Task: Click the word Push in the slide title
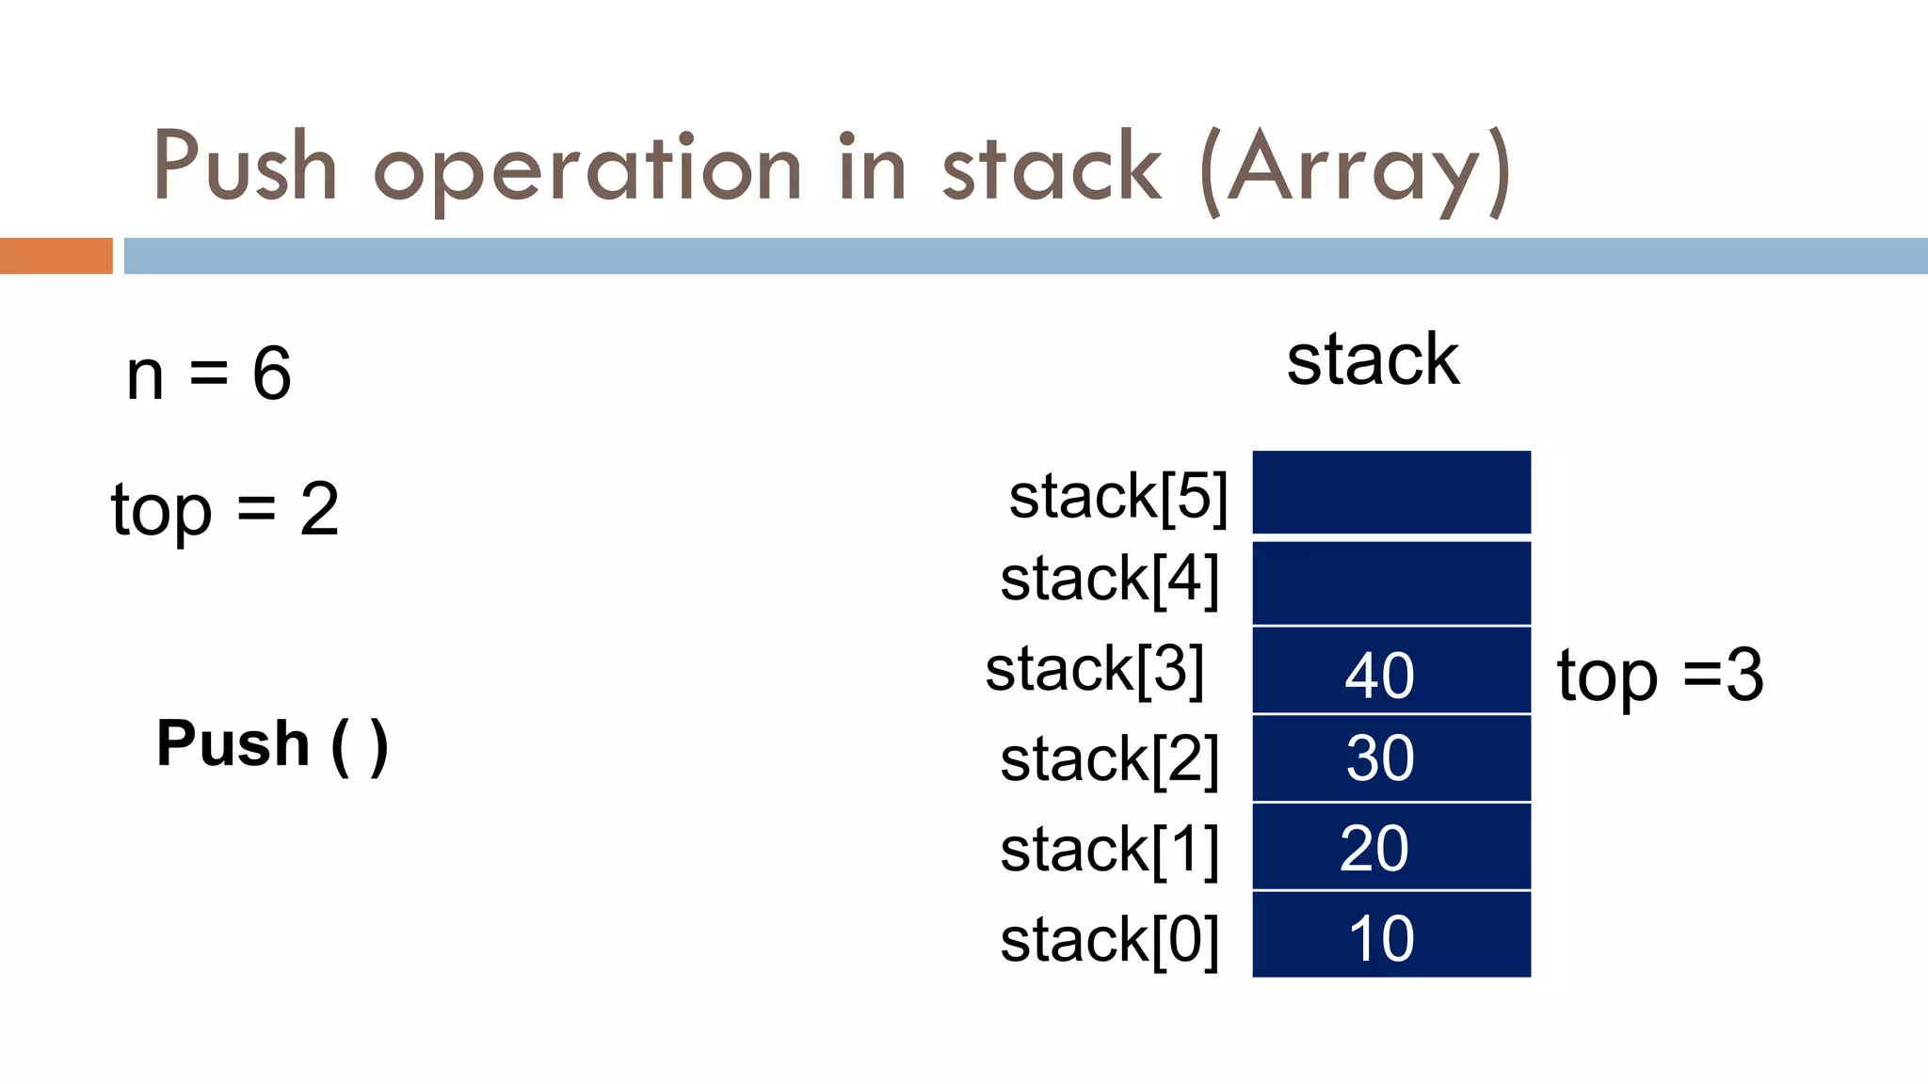point(245,167)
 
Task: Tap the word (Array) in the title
point(1356,169)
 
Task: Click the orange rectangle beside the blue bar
point(56,256)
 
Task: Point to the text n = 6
point(209,374)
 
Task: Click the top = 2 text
point(224,510)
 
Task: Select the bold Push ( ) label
point(272,744)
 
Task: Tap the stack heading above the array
point(1373,359)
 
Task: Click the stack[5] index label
point(1118,496)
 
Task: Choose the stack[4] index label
point(1110,579)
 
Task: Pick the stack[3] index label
point(1095,669)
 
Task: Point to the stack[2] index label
point(1110,759)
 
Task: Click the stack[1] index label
point(1110,850)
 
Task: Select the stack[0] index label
point(1110,940)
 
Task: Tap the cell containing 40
point(1391,671)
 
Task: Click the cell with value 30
point(1391,758)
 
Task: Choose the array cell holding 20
point(1391,847)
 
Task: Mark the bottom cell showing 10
point(1391,935)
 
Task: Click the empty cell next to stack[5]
point(1391,492)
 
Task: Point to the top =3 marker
point(1660,675)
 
